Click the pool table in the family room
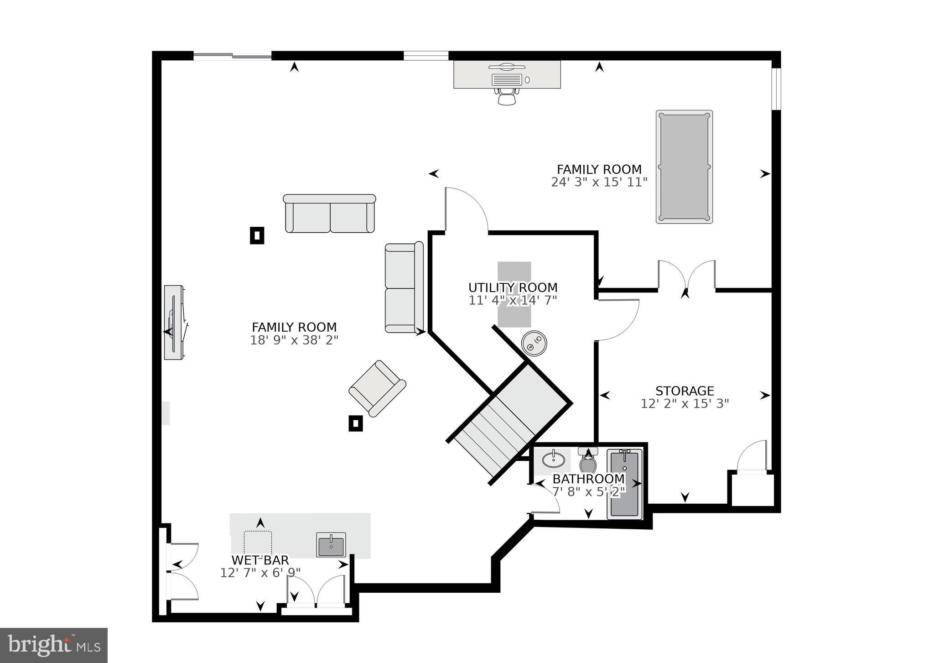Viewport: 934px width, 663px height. point(684,167)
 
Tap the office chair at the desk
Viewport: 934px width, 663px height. point(507,96)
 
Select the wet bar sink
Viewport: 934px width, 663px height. point(331,545)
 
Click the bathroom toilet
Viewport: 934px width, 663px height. point(588,462)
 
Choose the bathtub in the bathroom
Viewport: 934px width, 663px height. point(624,484)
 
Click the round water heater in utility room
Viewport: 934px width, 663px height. point(534,343)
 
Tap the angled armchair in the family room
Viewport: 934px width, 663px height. point(377,388)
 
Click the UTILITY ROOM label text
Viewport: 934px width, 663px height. point(513,288)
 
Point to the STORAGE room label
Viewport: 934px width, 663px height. point(685,391)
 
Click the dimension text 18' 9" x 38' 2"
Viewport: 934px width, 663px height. point(294,340)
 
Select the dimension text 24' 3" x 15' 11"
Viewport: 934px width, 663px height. point(599,183)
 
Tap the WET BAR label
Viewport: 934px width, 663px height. point(260,560)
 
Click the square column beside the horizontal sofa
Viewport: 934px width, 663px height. point(257,235)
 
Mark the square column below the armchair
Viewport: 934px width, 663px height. point(356,423)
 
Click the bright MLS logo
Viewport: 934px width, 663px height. point(54,645)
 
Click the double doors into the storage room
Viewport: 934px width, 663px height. point(686,276)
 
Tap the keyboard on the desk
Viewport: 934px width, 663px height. point(507,79)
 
